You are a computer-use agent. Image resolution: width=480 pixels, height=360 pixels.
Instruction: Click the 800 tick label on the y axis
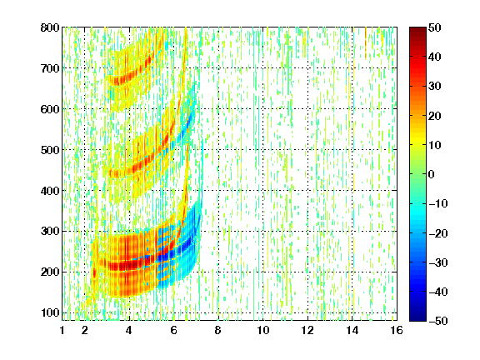[x=50, y=27]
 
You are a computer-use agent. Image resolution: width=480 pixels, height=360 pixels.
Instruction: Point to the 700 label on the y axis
[x=50, y=68]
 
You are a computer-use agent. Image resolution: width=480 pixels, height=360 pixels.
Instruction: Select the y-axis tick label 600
[x=50, y=109]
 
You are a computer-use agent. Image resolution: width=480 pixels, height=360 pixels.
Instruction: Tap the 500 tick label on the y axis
[x=50, y=150]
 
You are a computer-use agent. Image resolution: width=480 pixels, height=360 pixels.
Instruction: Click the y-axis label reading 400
[x=50, y=191]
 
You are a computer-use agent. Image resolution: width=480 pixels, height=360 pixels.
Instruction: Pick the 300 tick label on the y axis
[x=50, y=231]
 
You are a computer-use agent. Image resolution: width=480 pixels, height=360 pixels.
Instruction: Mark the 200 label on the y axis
[x=50, y=272]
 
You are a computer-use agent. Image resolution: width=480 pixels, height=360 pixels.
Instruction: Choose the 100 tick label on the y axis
[x=50, y=312]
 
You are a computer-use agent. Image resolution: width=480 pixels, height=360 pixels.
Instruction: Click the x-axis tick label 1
[x=62, y=330]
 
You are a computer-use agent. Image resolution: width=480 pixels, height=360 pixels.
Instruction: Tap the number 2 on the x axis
[x=85, y=330]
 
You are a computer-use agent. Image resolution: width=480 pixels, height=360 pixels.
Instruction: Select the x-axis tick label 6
[x=174, y=330]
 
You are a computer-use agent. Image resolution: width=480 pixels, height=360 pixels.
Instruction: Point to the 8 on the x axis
[x=218, y=330]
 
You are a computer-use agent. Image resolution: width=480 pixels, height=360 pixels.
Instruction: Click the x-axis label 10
[x=263, y=330]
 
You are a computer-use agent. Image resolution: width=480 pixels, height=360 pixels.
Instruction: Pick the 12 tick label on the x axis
[x=307, y=330]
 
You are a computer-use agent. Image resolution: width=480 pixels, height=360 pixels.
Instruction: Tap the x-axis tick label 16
[x=397, y=330]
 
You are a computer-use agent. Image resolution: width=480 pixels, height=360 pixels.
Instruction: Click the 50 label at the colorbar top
[x=435, y=27]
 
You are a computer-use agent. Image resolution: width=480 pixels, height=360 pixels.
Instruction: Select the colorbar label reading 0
[x=432, y=174]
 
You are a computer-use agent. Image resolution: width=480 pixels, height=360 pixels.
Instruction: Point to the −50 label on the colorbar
[x=438, y=321]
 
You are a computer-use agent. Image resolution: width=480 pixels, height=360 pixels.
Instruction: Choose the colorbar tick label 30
[x=435, y=87]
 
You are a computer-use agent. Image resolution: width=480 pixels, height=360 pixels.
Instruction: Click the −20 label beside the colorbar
[x=438, y=233]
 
